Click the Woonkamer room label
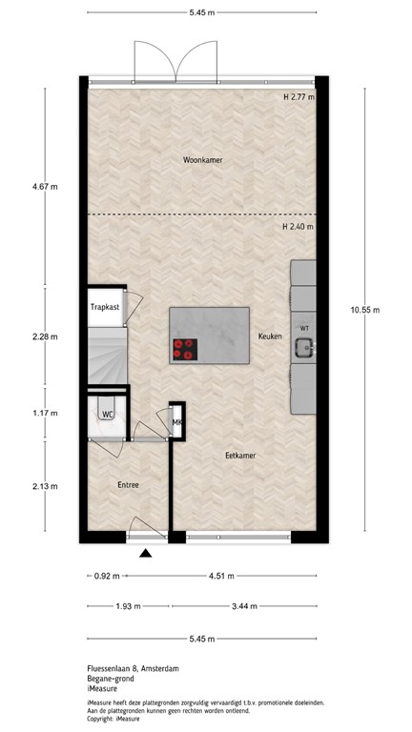203,160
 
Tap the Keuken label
270,336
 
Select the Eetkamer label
240,456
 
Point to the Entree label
128,485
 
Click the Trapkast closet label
105,308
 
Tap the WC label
109,415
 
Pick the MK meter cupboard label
177,422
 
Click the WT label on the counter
304,328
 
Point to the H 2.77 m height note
299,97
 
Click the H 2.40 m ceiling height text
299,227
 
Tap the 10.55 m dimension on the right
364,310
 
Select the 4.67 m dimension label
45,187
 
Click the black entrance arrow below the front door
145,553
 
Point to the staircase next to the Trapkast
106,354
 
